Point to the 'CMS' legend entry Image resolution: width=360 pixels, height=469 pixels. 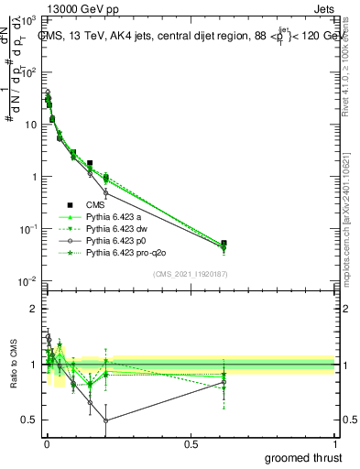click(96, 204)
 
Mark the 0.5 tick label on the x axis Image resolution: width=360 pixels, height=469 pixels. click(191, 444)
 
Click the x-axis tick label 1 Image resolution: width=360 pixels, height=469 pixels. click(335, 444)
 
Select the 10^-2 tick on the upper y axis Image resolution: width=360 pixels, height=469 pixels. click(27, 280)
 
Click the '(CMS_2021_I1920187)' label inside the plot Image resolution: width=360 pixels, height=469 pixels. click(190, 274)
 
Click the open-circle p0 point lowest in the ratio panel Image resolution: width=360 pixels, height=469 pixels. click(106, 420)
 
